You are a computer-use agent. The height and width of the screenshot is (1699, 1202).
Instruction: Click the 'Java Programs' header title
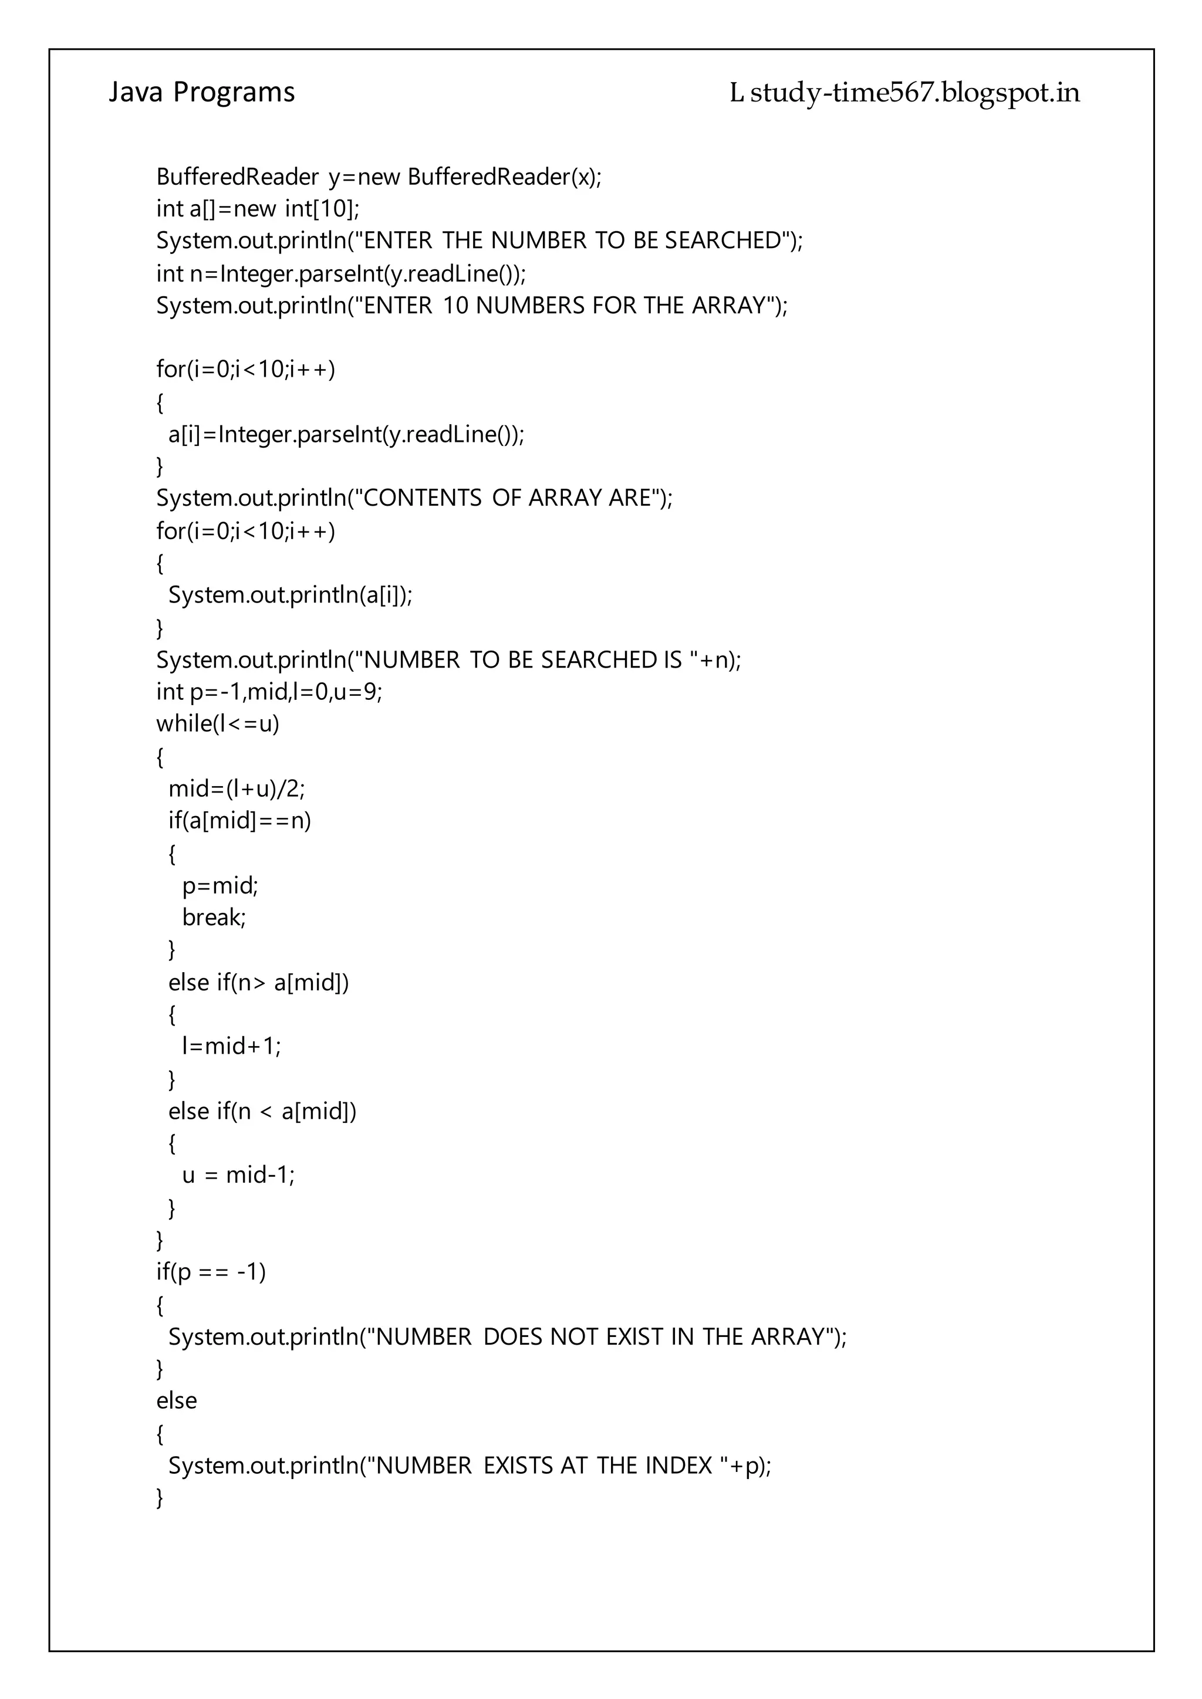click(x=201, y=93)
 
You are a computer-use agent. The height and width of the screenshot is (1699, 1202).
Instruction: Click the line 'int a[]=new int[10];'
click(x=258, y=209)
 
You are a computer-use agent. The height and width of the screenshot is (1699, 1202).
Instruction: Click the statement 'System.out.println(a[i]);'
click(x=290, y=595)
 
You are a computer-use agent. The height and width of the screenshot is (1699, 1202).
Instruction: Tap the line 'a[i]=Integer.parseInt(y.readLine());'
click(x=346, y=434)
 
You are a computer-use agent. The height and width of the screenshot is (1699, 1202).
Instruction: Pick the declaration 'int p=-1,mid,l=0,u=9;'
click(x=269, y=692)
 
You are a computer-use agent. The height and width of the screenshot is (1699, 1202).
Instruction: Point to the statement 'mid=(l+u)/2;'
click(x=236, y=789)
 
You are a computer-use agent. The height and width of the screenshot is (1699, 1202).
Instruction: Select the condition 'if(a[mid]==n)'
click(x=240, y=821)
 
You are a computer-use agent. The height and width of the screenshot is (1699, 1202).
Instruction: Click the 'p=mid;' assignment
click(x=220, y=885)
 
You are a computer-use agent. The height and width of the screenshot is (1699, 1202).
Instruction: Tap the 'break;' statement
click(x=214, y=918)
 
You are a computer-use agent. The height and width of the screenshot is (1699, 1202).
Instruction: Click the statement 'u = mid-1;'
click(x=238, y=1175)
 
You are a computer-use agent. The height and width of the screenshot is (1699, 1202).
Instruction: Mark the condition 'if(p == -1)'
click(x=210, y=1272)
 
